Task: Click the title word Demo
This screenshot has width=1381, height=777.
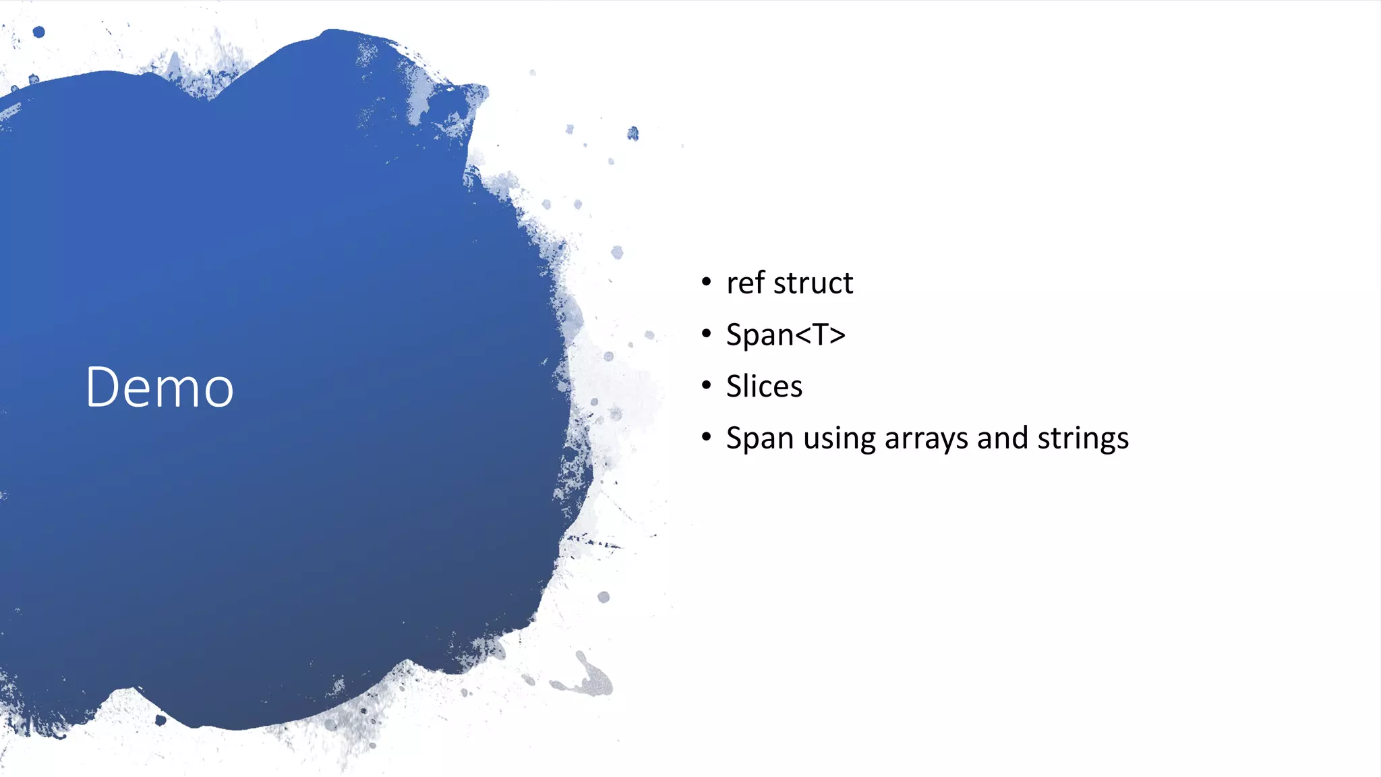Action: pos(160,387)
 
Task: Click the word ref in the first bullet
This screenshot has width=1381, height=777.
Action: pos(745,283)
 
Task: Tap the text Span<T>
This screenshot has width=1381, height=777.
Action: pos(786,335)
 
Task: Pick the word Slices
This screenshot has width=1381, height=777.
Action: pos(764,386)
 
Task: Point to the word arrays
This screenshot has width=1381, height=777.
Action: pos(926,439)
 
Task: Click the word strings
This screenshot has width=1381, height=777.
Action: pos(1083,439)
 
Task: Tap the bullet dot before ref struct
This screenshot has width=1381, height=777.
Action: pos(706,282)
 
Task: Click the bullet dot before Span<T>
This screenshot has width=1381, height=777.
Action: pos(706,334)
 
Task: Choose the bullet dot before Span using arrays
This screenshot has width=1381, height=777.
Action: pos(706,438)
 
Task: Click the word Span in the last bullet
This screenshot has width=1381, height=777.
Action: pos(759,439)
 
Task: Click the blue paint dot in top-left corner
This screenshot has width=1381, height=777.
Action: pos(39,32)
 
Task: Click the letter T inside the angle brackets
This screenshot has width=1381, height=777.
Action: pos(821,335)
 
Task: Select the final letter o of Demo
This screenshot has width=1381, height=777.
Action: pos(219,391)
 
